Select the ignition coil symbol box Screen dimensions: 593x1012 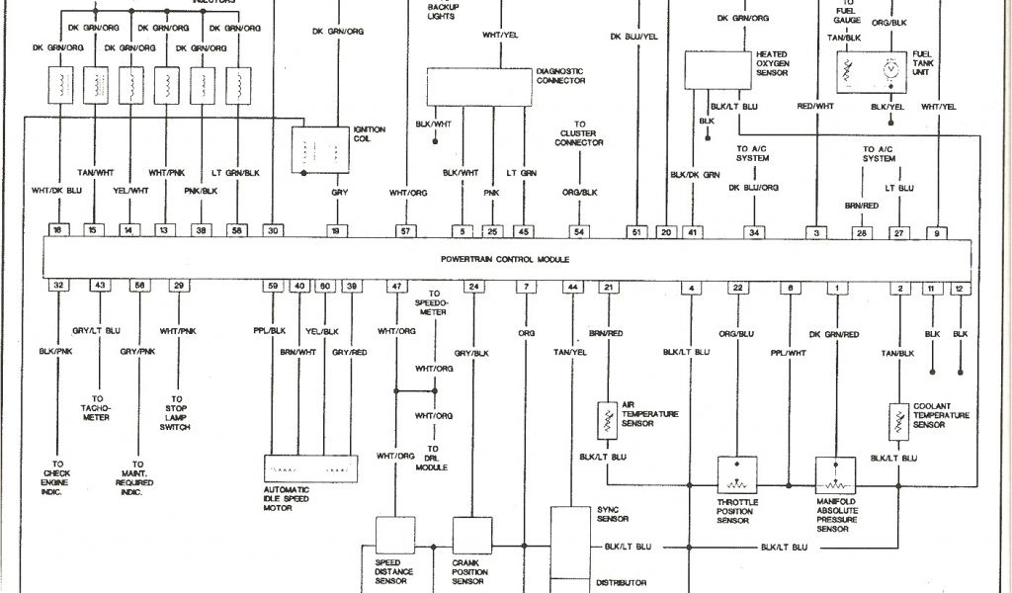click(x=320, y=148)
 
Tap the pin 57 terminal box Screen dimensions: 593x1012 click(x=403, y=230)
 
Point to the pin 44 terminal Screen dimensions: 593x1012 click(x=571, y=287)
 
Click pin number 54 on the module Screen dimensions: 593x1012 click(x=578, y=230)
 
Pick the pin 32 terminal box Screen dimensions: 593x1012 click(x=59, y=287)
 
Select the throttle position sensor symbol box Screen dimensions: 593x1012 click(x=736, y=474)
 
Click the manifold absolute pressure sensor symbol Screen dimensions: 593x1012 click(x=835, y=475)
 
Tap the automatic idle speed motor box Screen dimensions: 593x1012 click(x=309, y=466)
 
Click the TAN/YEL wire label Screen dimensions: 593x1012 click(x=571, y=353)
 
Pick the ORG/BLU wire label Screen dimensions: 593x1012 click(x=737, y=334)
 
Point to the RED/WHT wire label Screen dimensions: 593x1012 click(x=815, y=106)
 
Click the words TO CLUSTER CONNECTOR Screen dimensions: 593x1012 click(x=579, y=136)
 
